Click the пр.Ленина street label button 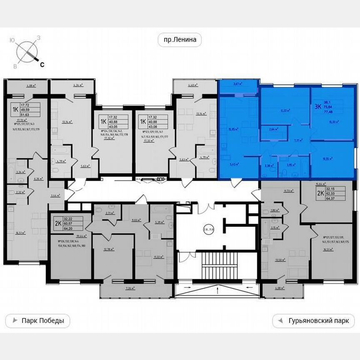(180, 40)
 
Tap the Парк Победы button (37, 321)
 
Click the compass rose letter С (42, 64)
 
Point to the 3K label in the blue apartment (317, 106)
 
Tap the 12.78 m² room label (110, 249)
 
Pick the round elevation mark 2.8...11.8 (208, 229)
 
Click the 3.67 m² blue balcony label (238, 84)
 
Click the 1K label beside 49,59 (15, 110)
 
